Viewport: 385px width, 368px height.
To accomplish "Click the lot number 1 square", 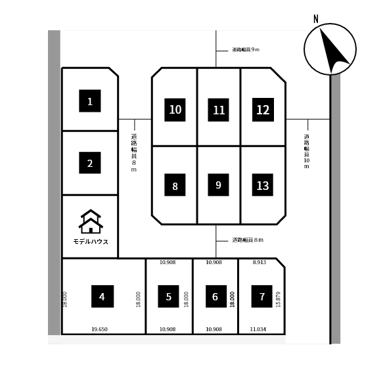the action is pos(90,101).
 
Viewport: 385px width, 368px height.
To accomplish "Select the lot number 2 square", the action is pos(90,163).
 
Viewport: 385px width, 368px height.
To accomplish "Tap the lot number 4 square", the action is pos(102,296).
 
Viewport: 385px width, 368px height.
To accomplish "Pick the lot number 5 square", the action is pos(168,296).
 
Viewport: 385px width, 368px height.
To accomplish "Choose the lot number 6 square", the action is pos(216,296).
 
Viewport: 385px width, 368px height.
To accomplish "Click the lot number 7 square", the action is pos(261,296).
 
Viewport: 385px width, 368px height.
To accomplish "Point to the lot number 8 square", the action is pos(175,185).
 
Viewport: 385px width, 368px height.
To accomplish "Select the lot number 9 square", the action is pos(218,185).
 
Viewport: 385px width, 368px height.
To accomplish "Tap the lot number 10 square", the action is pos(175,110).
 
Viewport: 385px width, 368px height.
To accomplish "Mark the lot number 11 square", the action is pos(218,110).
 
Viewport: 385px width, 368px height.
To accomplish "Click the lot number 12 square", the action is pos(263,110).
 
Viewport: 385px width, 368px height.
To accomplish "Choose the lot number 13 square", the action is pos(263,185).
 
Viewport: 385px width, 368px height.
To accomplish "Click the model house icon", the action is pos(91,221).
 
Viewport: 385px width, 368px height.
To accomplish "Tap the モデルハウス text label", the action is pos(91,242).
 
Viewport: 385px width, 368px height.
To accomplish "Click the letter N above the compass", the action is pos(316,19).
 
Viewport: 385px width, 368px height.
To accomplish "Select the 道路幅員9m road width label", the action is pos(246,50).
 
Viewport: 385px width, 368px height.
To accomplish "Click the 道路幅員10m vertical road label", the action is pos(307,151).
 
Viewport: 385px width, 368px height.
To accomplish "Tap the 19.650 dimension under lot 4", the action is pos(99,329).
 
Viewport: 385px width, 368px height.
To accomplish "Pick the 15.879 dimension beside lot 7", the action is pos(278,300).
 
